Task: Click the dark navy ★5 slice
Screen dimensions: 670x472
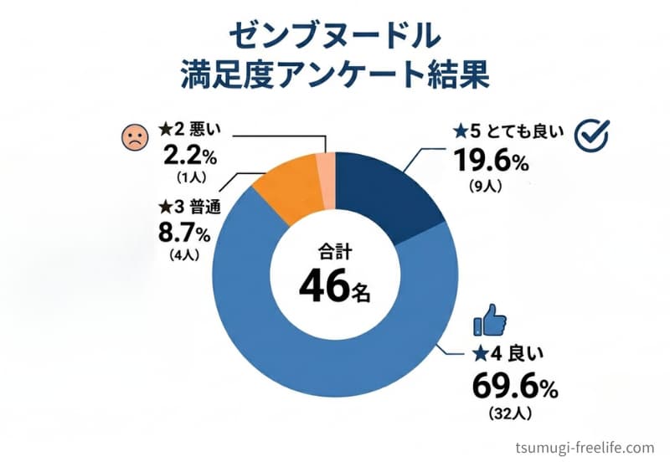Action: pyautogui.click(x=384, y=192)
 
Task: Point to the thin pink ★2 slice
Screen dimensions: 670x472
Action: pyautogui.click(x=326, y=182)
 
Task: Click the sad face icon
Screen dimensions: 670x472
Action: pyautogui.click(x=135, y=136)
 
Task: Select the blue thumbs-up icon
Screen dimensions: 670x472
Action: pyautogui.click(x=490, y=320)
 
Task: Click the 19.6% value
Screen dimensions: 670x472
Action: pyautogui.click(x=491, y=162)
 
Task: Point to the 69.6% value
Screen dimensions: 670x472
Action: pyautogui.click(x=515, y=387)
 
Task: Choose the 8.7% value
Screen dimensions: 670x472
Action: pyautogui.click(x=184, y=233)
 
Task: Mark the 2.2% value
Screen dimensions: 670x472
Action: pyautogui.click(x=190, y=157)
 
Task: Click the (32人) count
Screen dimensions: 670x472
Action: pyautogui.click(x=510, y=413)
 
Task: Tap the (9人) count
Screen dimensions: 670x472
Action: pyautogui.click(x=486, y=186)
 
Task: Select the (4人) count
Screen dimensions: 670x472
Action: pyautogui.click(x=184, y=255)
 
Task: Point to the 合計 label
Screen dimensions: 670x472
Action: pyautogui.click(x=334, y=252)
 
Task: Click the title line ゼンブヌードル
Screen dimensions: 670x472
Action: pyautogui.click(x=334, y=36)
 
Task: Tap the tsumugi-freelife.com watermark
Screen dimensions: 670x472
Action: pyautogui.click(x=585, y=449)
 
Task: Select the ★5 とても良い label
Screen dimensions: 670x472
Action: pyautogui.click(x=509, y=132)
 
